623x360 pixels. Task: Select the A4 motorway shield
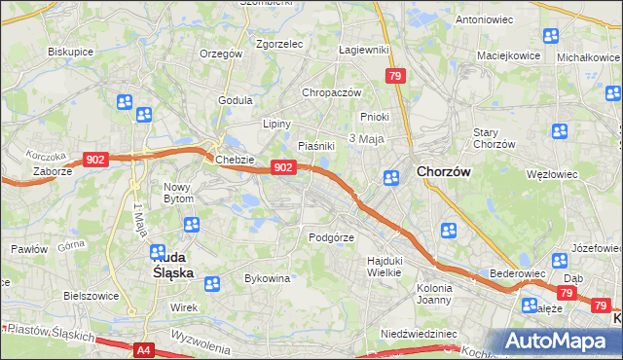[x=144, y=349]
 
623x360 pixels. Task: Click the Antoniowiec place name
[x=485, y=18]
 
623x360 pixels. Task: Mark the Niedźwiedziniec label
[x=419, y=333]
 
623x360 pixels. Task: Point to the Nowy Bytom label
[x=178, y=193]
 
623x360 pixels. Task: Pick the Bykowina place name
[x=267, y=278]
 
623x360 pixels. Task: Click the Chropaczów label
[x=331, y=92]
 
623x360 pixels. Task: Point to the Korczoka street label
[x=46, y=156]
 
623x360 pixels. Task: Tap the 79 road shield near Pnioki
[x=394, y=75]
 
